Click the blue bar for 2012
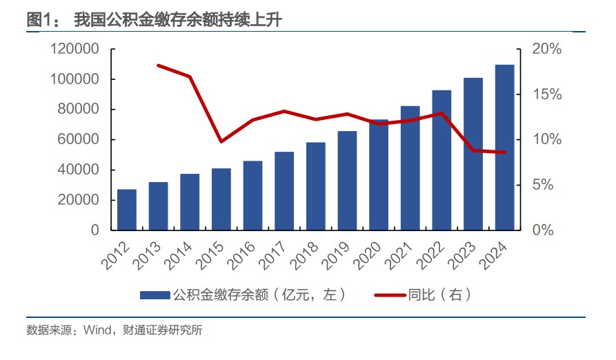click(127, 209)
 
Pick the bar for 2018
click(316, 186)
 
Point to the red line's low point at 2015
click(221, 141)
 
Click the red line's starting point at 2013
click(159, 66)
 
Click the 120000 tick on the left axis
click(74, 49)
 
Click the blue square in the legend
click(155, 295)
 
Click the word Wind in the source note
click(96, 330)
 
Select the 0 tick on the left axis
click(95, 230)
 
